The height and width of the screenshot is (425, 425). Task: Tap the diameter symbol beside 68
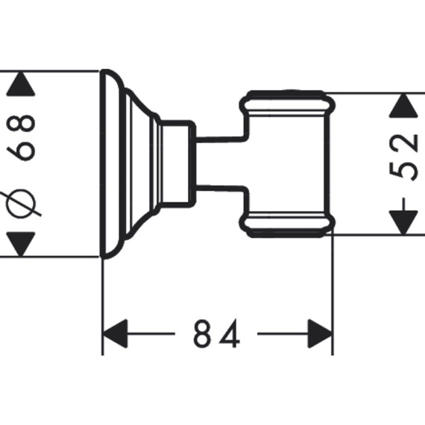tap(21, 204)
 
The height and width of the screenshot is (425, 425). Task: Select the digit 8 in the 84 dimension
tap(202, 333)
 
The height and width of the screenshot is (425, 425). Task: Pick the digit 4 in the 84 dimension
tap(230, 333)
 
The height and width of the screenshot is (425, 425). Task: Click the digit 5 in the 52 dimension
tap(403, 169)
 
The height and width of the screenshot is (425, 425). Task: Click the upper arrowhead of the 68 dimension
tap(21, 84)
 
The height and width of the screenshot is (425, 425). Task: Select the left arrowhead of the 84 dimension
tap(116, 333)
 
